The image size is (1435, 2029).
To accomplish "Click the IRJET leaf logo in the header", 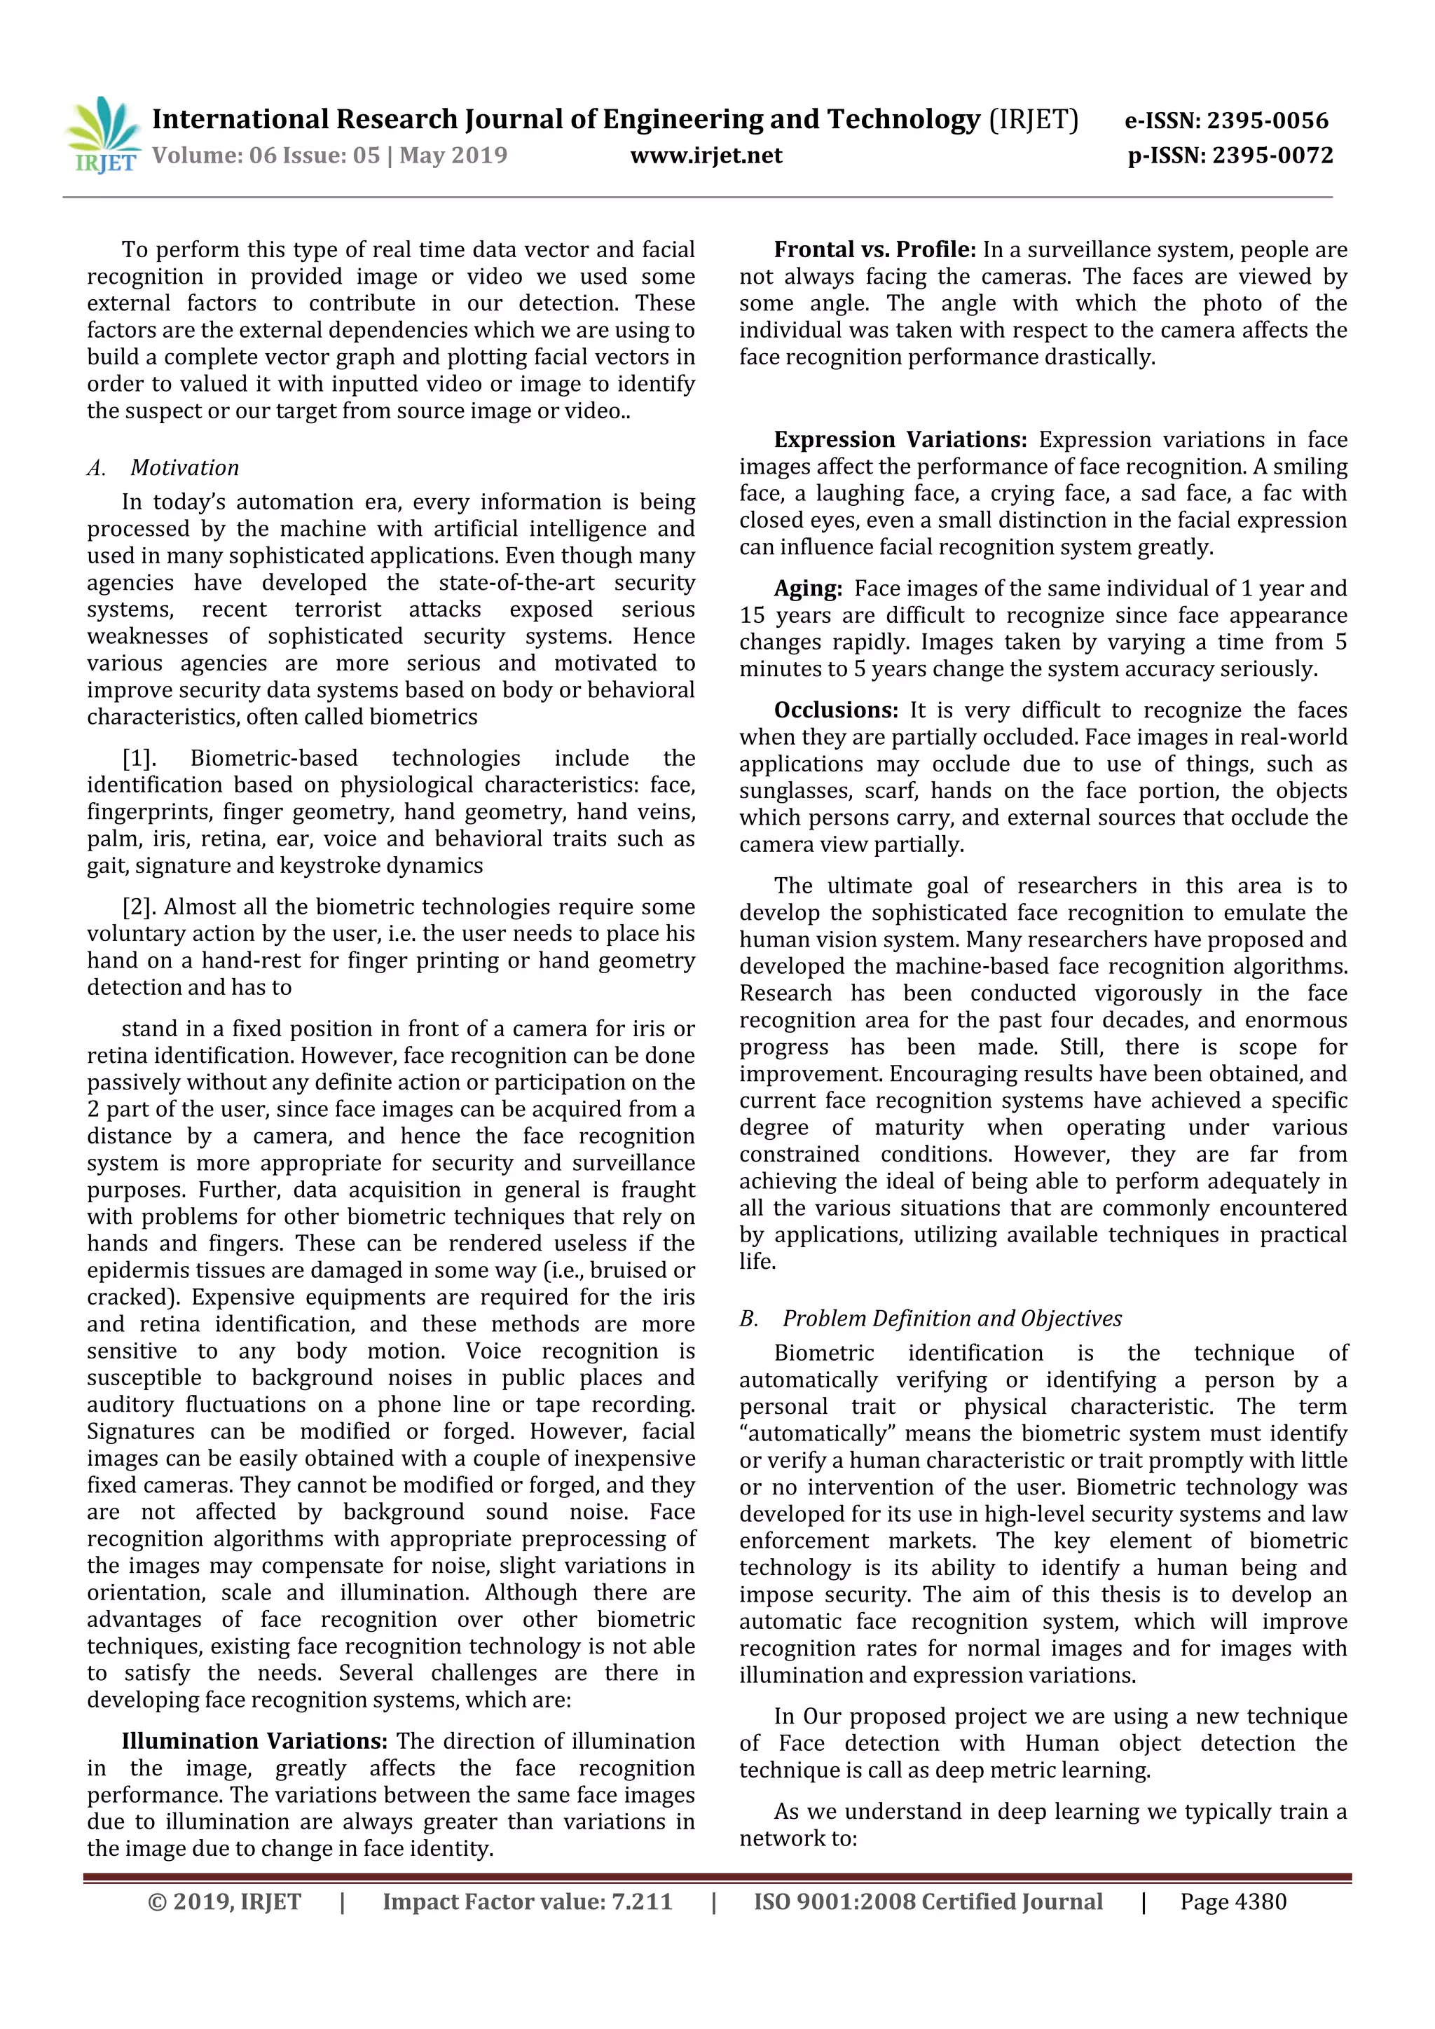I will click(102, 135).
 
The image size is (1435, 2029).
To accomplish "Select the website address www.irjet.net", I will click(706, 156).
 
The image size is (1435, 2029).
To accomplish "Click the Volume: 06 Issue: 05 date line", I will click(329, 156).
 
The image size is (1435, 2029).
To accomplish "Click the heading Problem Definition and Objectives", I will click(952, 1319).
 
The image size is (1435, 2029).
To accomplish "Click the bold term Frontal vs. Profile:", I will click(874, 250).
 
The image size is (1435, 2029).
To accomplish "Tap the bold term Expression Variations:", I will click(900, 440).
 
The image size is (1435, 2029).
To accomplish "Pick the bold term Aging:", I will click(808, 589).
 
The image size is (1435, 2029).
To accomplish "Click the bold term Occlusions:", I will click(836, 710).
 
